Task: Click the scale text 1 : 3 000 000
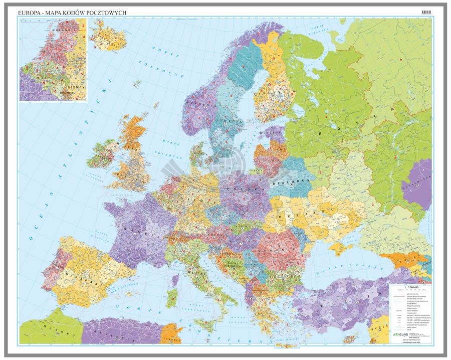[x=409, y=290]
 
